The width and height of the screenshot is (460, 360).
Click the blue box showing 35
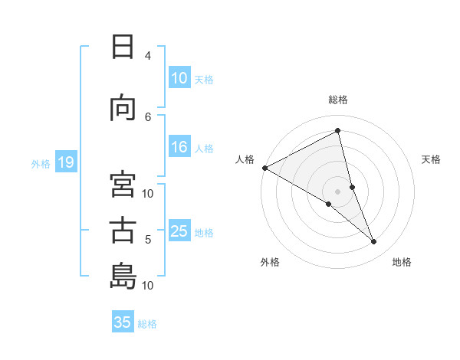click(123, 322)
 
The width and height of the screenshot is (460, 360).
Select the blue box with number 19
click(65, 162)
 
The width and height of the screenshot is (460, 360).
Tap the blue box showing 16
click(179, 148)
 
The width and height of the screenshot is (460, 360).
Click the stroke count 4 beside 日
click(147, 56)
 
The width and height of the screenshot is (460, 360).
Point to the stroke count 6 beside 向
click(148, 116)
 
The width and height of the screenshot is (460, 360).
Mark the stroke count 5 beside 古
click(148, 240)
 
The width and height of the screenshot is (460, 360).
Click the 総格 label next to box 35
click(147, 324)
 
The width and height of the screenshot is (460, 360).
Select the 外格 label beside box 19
click(41, 163)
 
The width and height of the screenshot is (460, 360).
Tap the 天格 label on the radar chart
click(431, 159)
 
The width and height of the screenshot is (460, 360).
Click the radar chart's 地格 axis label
click(402, 262)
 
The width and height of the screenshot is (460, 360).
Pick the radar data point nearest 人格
click(264, 167)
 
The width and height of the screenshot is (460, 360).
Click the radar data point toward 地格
click(374, 242)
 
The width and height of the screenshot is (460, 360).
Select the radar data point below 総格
click(337, 130)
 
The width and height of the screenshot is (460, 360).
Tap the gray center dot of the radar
click(337, 190)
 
